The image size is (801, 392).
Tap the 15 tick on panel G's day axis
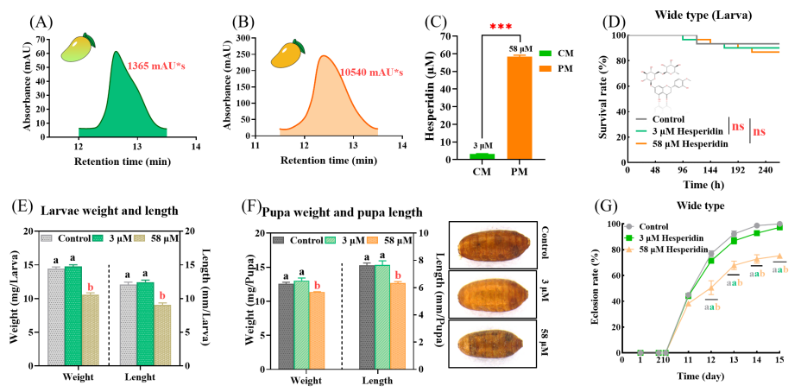(x=780, y=360)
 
